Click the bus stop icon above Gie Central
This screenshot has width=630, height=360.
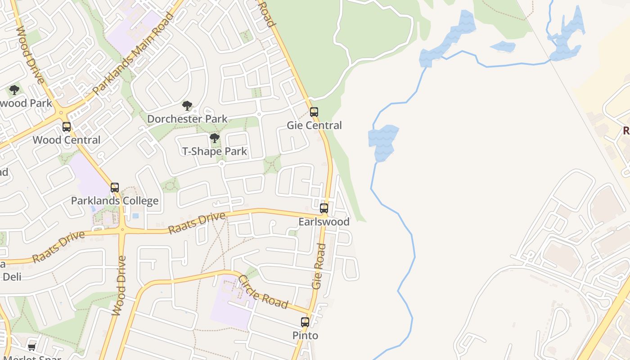tap(314, 112)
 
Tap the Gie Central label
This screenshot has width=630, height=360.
tap(315, 125)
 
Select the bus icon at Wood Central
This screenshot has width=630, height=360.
tap(67, 127)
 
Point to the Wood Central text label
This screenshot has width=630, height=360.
tap(67, 140)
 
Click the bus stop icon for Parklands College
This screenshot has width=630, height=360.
tap(115, 188)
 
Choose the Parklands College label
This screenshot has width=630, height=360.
tap(115, 201)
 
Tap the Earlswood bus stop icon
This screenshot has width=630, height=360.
tap(324, 208)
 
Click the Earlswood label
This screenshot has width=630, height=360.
tap(324, 221)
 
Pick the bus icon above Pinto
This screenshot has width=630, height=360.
tap(305, 322)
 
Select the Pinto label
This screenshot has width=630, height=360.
tap(305, 335)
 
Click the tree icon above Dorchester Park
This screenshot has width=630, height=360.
tap(187, 106)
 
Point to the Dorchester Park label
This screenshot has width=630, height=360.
tap(187, 119)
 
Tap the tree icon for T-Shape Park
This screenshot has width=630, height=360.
tap(215, 138)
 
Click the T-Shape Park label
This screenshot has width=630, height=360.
tap(215, 151)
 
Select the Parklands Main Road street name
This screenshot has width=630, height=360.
tap(133, 54)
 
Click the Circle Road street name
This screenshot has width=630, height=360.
tap(263, 292)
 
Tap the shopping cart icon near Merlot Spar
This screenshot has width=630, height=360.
tap(31, 347)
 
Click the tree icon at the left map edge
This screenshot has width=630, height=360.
tap(14, 90)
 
